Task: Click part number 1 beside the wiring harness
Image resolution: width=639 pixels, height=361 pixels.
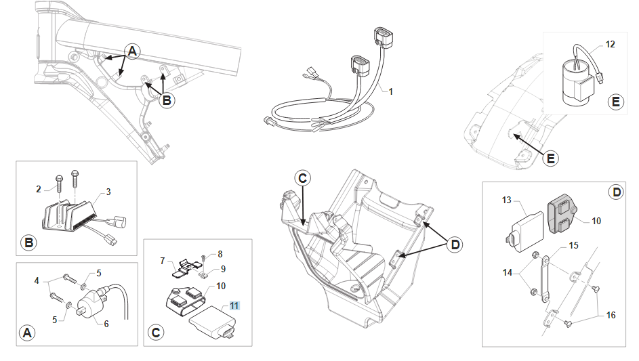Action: [x=390, y=91]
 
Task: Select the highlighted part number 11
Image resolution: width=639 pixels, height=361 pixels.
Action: [x=234, y=305]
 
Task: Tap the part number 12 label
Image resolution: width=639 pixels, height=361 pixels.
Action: [x=610, y=45]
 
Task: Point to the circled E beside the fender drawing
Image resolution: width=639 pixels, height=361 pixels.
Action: [x=551, y=158]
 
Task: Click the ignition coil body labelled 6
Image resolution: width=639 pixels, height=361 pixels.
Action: [x=91, y=305]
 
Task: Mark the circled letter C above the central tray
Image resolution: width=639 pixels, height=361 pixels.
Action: [x=303, y=178]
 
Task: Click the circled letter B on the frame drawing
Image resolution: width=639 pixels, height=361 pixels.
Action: [x=166, y=101]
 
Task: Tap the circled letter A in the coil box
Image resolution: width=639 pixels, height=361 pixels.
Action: [x=27, y=333]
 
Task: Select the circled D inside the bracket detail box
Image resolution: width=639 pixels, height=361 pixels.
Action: [x=616, y=193]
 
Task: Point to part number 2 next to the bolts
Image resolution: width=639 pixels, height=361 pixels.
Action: [x=39, y=188]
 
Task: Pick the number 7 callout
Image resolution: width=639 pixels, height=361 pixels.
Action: [x=163, y=260]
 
